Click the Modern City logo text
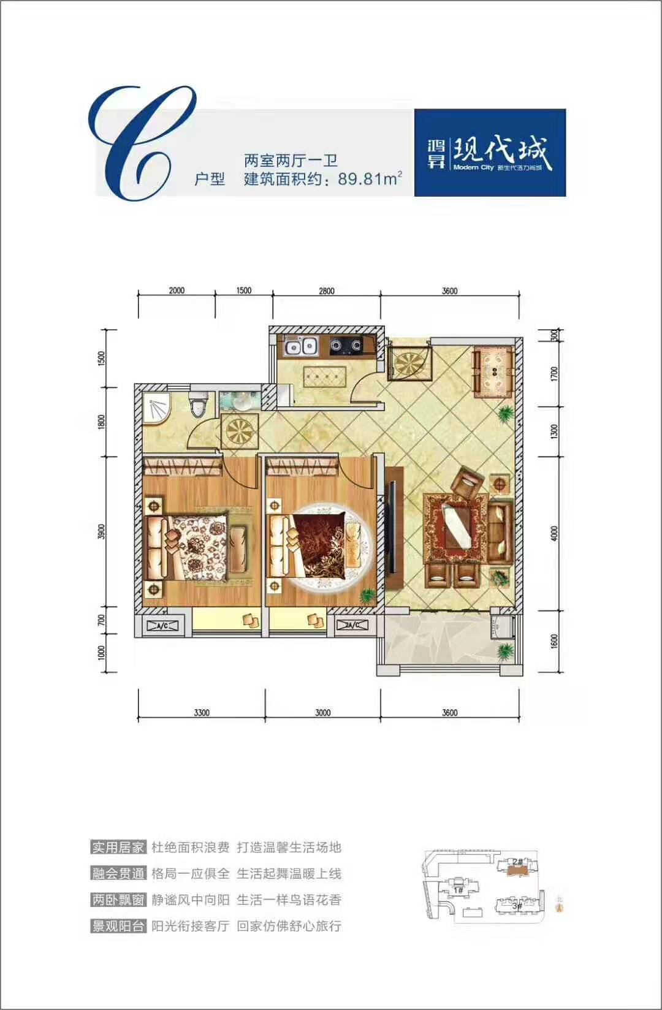pos(473,167)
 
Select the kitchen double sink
pos(301,347)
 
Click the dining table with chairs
pos(492,371)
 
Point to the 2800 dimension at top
pos(327,290)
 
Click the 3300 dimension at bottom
pos(202,712)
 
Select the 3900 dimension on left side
pos(102,531)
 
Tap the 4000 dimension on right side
pos(555,533)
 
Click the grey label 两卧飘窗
pos(118,900)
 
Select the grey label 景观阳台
pos(118,926)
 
